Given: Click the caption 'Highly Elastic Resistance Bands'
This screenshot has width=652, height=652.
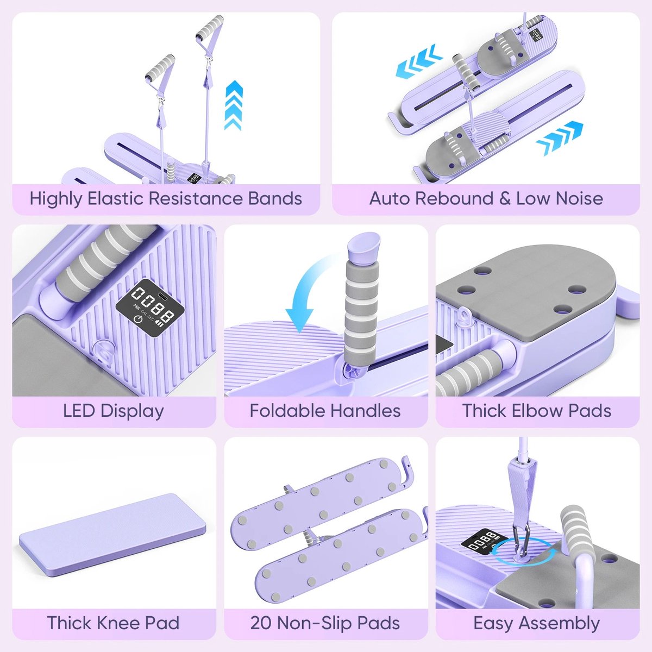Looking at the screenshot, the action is point(166,199).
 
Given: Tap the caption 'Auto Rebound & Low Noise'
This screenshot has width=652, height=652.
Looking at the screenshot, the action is point(486,198).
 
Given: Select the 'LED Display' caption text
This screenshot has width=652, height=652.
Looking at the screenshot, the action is point(114,411).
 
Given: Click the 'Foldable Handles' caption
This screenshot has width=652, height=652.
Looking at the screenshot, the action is point(325,411).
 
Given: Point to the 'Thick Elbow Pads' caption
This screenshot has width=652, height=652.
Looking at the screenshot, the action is point(537,411).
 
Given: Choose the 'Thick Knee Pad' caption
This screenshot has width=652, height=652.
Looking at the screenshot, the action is point(114,623).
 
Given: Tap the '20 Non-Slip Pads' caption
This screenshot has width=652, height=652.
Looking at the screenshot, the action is point(325,623).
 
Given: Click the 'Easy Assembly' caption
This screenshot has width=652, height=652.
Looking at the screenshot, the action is point(537,623).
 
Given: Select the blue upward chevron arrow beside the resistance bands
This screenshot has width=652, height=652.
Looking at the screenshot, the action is point(234,105).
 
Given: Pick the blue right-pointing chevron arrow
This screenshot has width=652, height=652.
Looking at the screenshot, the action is point(560,138).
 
